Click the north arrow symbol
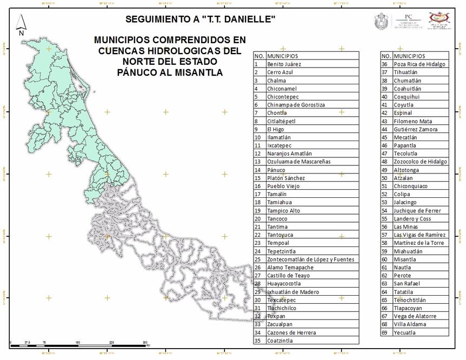pos(21,25)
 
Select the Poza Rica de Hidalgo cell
pos(420,64)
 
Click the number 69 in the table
pos(385,332)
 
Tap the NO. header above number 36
pos(386,56)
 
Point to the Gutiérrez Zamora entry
pos(416,129)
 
